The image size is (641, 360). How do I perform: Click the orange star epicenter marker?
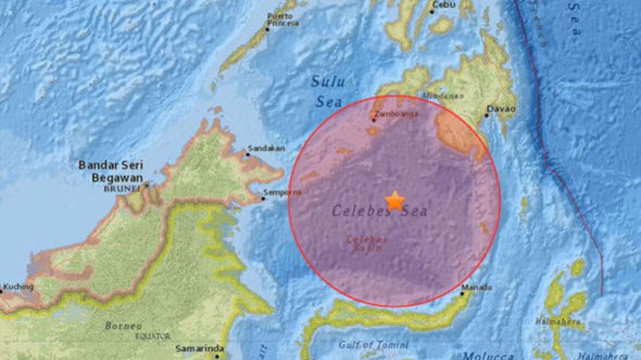pyautogui.click(x=395, y=201)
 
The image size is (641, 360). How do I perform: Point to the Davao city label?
pyautogui.click(x=502, y=109)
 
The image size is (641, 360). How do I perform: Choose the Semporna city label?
pyautogui.click(x=283, y=192)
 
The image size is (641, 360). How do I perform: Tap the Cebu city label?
pyautogui.click(x=443, y=4)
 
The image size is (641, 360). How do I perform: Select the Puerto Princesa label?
pyautogui.click(x=283, y=20)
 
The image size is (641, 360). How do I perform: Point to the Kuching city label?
pyautogui.click(x=18, y=287)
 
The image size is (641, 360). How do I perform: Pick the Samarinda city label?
pyautogui.click(x=192, y=348)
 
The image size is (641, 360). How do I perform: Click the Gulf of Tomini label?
pyautogui.click(x=374, y=345)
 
